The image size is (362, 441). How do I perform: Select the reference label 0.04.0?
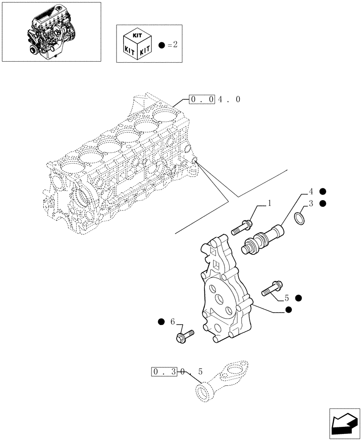[215, 100]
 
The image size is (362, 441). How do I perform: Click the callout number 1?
[269, 204]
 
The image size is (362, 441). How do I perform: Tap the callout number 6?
[173, 322]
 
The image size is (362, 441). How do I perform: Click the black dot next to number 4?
[323, 191]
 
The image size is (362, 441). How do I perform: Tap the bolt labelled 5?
[272, 288]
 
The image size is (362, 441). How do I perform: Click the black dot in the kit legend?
[162, 45]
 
